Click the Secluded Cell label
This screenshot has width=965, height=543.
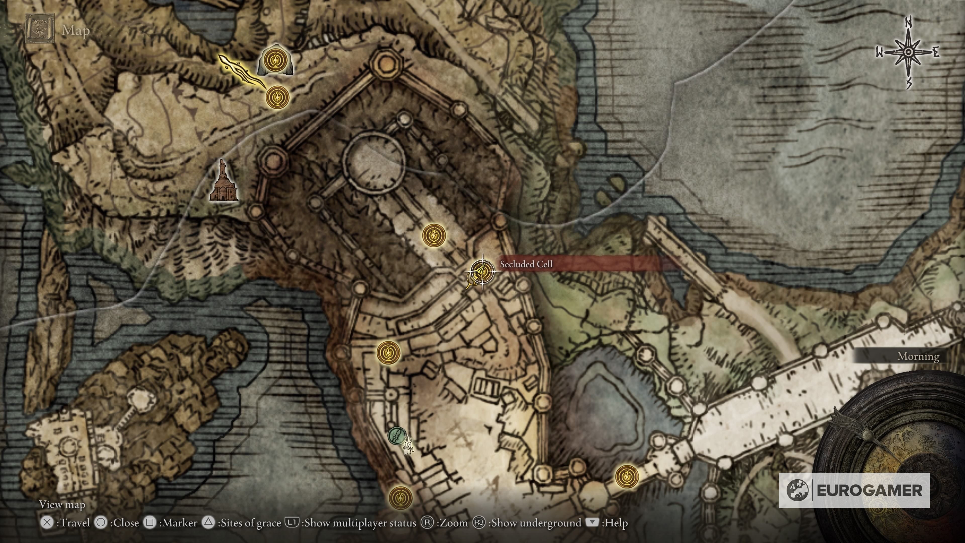pyautogui.click(x=526, y=264)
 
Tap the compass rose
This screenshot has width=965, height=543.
pyautogui.click(x=908, y=53)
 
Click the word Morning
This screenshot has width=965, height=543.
pyautogui.click(x=918, y=356)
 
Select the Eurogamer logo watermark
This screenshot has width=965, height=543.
pyautogui.click(x=854, y=490)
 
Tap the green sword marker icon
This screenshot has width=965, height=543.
pyautogui.click(x=395, y=436)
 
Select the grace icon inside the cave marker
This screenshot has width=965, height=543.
pyautogui.click(x=275, y=61)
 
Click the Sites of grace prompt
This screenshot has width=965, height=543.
pyautogui.click(x=242, y=523)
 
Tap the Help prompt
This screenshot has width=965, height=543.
pyautogui.click(x=607, y=523)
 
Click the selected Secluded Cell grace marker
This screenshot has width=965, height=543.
pyautogui.click(x=482, y=270)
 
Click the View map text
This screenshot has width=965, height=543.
pyautogui.click(x=62, y=504)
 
